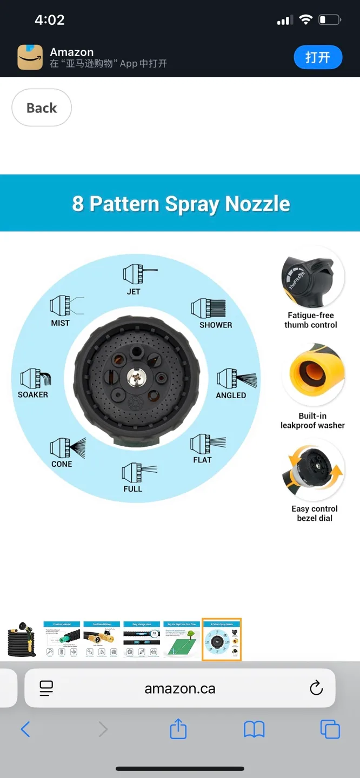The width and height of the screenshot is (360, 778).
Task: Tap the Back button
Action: click(x=42, y=108)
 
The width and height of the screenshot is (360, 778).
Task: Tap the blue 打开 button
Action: click(x=318, y=57)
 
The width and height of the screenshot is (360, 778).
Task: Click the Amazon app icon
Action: click(x=30, y=57)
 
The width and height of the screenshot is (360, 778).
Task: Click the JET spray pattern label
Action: click(x=134, y=292)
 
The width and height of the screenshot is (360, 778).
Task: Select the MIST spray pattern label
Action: click(x=60, y=323)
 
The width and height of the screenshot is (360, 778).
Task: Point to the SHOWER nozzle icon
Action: click(x=208, y=308)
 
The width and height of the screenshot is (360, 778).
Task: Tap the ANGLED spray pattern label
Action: click(x=231, y=395)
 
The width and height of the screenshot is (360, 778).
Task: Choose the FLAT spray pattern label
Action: click(x=202, y=460)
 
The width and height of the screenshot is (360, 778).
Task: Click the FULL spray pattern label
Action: click(x=132, y=489)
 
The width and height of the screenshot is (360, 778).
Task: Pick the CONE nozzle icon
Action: click(x=67, y=447)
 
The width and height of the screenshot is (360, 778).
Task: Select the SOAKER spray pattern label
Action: click(x=33, y=395)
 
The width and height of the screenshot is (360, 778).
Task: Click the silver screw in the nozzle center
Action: click(x=136, y=377)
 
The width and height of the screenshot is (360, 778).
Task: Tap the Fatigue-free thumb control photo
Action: click(x=312, y=280)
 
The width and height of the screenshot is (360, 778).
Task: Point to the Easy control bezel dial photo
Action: click(x=314, y=472)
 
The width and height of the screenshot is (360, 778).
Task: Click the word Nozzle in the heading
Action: click(x=258, y=204)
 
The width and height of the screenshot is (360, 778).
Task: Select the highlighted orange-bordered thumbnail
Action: click(x=222, y=640)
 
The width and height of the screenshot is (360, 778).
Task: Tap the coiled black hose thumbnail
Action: click(x=22, y=640)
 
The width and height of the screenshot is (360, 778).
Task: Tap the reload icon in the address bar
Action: click(x=316, y=688)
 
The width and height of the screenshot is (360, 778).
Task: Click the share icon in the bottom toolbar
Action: click(x=178, y=730)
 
